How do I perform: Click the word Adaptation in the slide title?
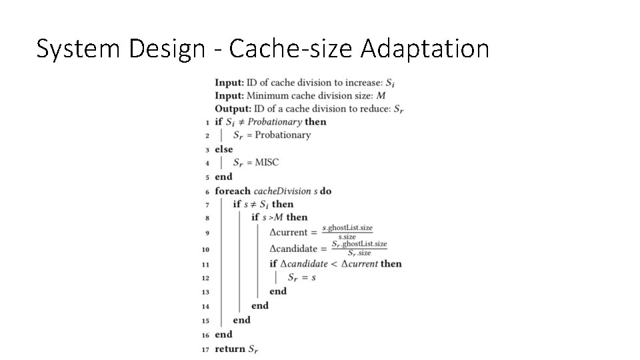[425, 49]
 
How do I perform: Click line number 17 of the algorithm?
[207, 349]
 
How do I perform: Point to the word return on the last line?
[230, 349]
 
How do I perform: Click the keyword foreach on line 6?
[233, 191]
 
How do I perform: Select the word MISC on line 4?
[267, 162]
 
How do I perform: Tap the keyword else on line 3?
[223, 149]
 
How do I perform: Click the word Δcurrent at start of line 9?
[289, 233]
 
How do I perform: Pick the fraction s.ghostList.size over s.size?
[347, 232]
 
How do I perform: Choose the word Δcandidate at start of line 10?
[293, 249]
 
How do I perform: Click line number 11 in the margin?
[207, 264]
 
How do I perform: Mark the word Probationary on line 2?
[284, 135]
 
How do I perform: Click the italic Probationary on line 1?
[275, 122]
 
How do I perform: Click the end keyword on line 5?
[223, 177]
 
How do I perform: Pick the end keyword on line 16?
[223, 335]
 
